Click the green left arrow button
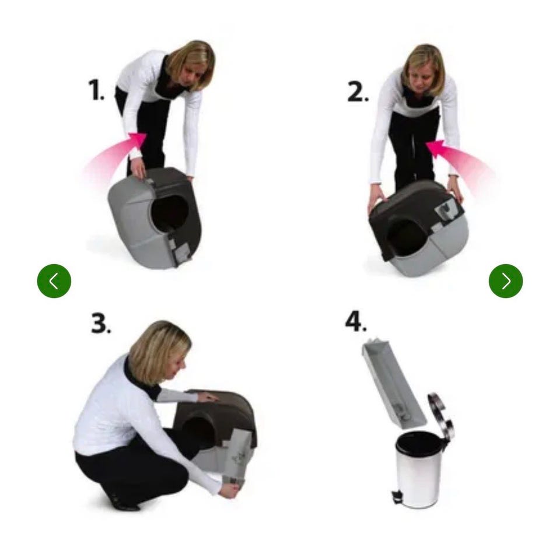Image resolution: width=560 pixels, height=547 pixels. pos(54,281)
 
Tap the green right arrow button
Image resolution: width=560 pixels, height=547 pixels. pos(506,281)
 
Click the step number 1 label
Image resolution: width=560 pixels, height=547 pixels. pos(96,90)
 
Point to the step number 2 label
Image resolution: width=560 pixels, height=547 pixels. pos(358,93)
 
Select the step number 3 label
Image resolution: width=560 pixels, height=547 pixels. pos(101,323)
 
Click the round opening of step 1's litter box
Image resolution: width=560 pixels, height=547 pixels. pos(171,213)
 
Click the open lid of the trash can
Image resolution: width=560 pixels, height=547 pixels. pos(442,415)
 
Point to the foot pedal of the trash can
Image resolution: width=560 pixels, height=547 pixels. pos(397,497)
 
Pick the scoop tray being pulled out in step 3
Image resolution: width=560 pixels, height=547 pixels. pos(236,457)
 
